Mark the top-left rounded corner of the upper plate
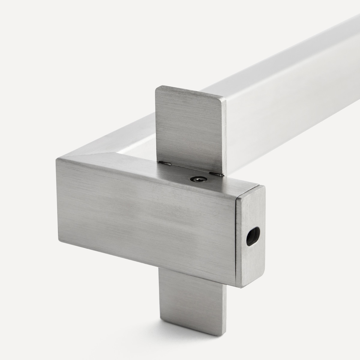tap(157, 88)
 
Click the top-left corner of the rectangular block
tap(57, 159)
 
